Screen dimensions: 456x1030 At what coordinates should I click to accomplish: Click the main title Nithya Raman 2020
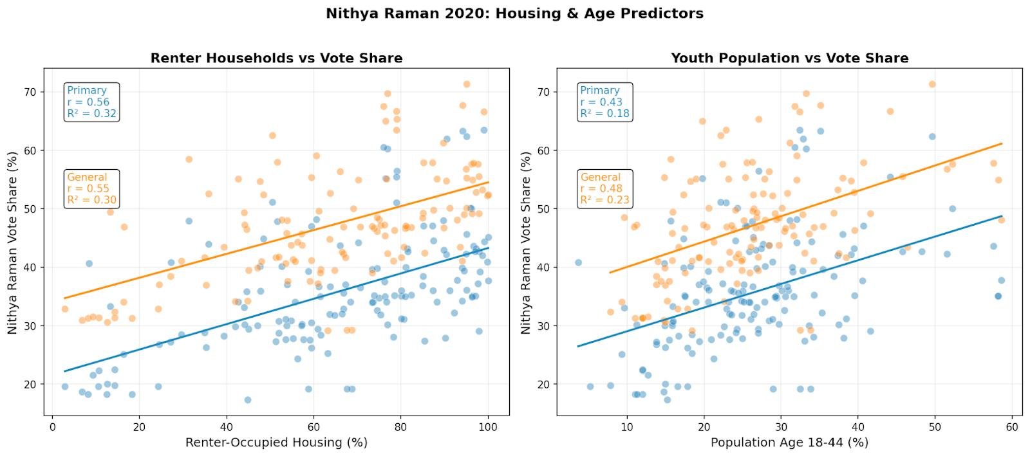[x=514, y=14]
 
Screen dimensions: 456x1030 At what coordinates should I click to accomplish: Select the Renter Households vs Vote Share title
[x=276, y=58]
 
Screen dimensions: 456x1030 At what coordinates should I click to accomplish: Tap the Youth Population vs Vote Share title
[x=789, y=58]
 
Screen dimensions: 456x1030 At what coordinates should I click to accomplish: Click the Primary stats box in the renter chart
[x=91, y=102]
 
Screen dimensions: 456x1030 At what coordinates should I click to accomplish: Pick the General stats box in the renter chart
[x=91, y=188]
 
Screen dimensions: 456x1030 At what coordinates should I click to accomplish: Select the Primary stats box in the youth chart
[x=604, y=102]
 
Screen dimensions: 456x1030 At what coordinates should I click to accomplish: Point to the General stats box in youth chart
[x=604, y=188]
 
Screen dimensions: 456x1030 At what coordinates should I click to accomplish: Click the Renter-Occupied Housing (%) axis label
[x=276, y=442]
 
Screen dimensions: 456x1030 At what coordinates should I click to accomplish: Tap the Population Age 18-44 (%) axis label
[x=789, y=442]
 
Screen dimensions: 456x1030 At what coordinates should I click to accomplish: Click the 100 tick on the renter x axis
[x=488, y=426]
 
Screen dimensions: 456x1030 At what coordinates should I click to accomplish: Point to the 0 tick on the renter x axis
[x=53, y=426]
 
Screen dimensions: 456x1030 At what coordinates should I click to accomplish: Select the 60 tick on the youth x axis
[x=1011, y=426]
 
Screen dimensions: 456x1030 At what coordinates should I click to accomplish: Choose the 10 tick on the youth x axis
[x=627, y=426]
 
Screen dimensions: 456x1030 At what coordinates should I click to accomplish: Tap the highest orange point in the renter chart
[x=467, y=84]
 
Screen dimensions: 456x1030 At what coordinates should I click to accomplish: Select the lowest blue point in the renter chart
[x=247, y=399]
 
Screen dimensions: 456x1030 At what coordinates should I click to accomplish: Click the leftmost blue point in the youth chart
[x=578, y=262]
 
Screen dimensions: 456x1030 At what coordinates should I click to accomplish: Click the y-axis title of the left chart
[x=13, y=243]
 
